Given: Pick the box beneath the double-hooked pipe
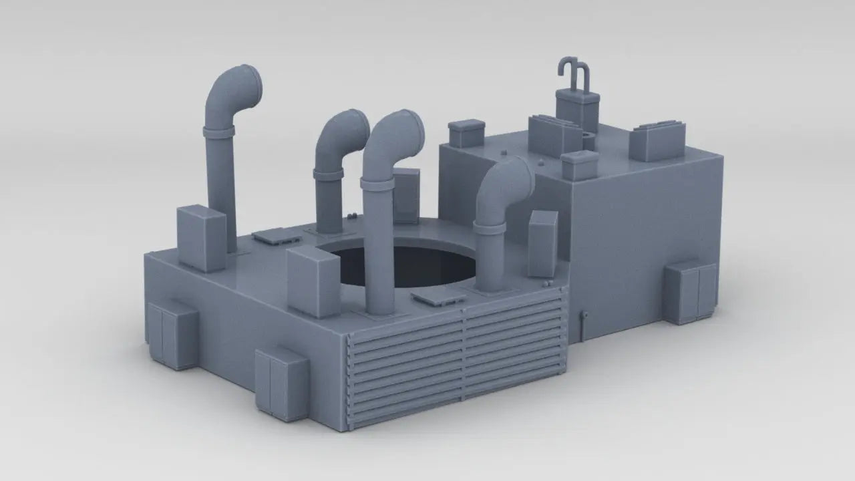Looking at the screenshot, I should (x=578, y=110).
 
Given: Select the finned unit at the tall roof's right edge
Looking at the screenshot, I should (x=658, y=141).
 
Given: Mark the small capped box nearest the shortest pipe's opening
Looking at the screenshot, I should (x=580, y=165).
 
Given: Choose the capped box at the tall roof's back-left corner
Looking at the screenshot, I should (x=466, y=133).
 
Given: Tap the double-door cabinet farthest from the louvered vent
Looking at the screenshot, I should (x=172, y=335).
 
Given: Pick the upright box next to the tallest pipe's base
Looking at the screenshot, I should (x=201, y=237).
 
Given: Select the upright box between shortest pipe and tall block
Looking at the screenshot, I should (x=542, y=243).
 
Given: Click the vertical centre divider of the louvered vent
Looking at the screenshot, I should (x=463, y=357).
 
